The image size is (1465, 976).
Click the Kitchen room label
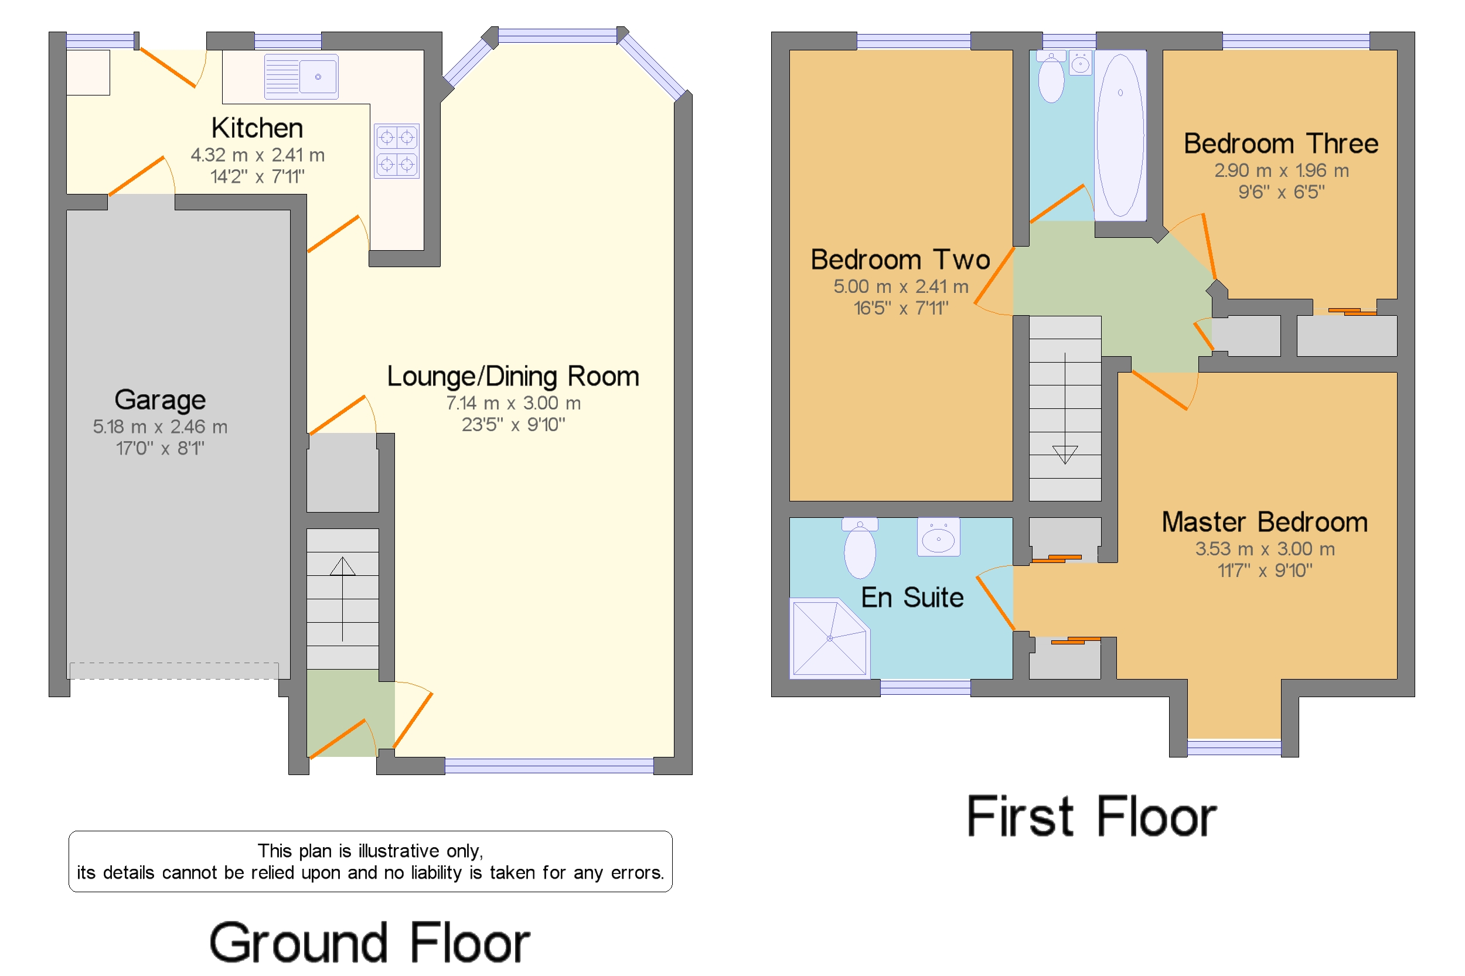click(x=257, y=128)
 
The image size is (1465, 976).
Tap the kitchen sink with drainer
click(x=301, y=77)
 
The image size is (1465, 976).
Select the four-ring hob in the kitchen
click(x=397, y=151)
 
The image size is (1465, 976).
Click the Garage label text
click(x=160, y=400)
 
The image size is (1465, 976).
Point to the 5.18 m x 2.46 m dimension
click(x=160, y=427)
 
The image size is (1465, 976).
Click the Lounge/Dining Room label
click(x=513, y=377)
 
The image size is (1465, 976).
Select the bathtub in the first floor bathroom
click(x=1120, y=136)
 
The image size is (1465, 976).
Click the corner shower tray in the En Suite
click(x=829, y=638)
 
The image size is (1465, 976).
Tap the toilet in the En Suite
click(x=860, y=548)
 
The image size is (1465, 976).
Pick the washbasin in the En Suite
click(x=938, y=537)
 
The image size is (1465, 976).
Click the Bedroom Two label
click(x=900, y=260)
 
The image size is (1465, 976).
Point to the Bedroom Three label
click(x=1281, y=144)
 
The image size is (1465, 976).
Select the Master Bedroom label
click(x=1265, y=522)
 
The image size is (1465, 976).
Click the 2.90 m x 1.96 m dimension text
click(x=1282, y=170)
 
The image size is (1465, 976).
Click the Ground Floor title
click(x=369, y=943)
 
